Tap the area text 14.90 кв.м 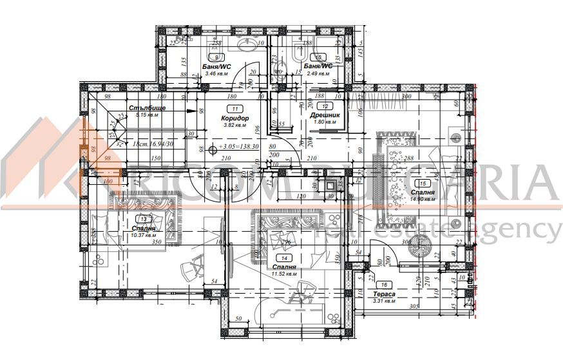(422, 200)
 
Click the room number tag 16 (385, 284)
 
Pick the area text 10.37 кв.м (144, 235)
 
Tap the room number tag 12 (326, 106)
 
